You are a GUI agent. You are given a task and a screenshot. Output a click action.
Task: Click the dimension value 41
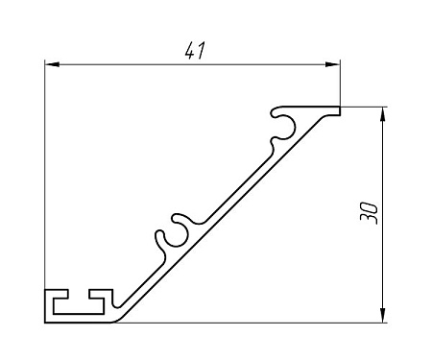pos(194,50)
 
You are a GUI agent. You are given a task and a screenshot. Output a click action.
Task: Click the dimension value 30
pos(369,213)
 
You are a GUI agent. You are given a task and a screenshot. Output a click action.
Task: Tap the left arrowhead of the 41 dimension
pos(52,64)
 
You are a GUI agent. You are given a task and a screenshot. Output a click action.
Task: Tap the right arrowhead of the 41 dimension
pos(332,64)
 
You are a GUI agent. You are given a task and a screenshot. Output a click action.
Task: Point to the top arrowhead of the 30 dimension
pos(382,114)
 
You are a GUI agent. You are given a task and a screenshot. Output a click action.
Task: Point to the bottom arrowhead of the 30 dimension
pos(382,315)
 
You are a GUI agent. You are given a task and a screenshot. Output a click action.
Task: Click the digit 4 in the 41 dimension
pos(190,50)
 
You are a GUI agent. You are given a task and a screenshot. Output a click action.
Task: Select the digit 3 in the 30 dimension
pos(369,220)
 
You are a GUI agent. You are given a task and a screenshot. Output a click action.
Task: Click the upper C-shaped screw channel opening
pos(283,127)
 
